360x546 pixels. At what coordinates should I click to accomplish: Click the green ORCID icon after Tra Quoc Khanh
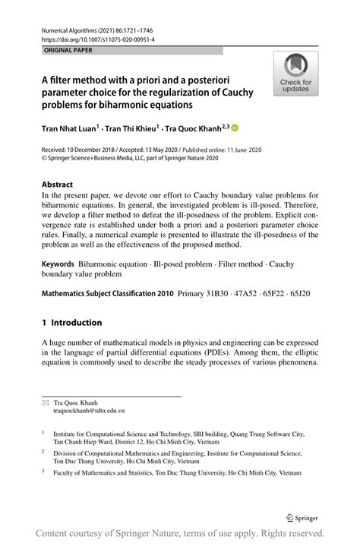tap(235, 129)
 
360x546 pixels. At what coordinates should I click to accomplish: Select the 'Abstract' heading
tap(57, 185)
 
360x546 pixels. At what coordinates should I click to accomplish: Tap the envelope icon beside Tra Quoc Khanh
tap(45, 402)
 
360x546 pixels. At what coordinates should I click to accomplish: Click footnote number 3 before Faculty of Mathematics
tap(43, 471)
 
